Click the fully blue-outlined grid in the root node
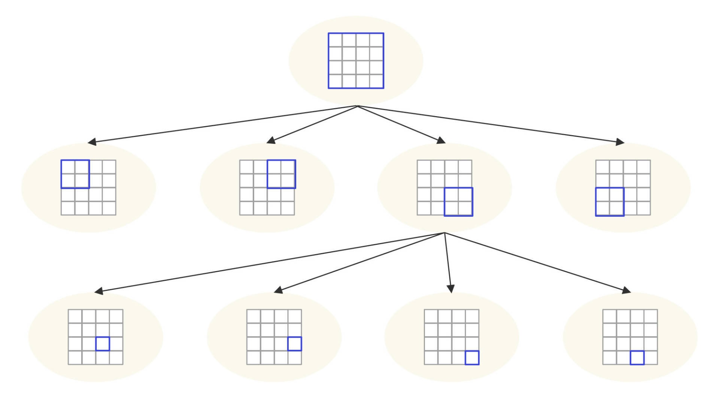(x=356, y=61)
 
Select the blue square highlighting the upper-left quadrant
(x=75, y=174)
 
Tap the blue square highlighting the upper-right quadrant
(x=281, y=174)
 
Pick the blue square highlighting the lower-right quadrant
(x=458, y=202)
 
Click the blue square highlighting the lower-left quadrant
(x=610, y=202)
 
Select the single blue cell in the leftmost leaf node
(x=103, y=344)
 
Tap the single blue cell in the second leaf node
(x=295, y=344)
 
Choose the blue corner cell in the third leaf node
(x=472, y=358)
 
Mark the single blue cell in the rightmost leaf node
(x=637, y=358)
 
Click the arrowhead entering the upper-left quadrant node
(x=92, y=142)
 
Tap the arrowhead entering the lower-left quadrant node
(x=620, y=142)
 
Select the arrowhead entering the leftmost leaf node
(x=99, y=291)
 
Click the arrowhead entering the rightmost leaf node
(x=626, y=291)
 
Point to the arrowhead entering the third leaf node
(x=451, y=288)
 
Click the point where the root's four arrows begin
(x=358, y=106)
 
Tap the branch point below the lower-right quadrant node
(x=445, y=233)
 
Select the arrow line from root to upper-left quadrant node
(x=225, y=124)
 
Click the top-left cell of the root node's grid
(x=336, y=40)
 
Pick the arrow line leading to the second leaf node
(x=359, y=262)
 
